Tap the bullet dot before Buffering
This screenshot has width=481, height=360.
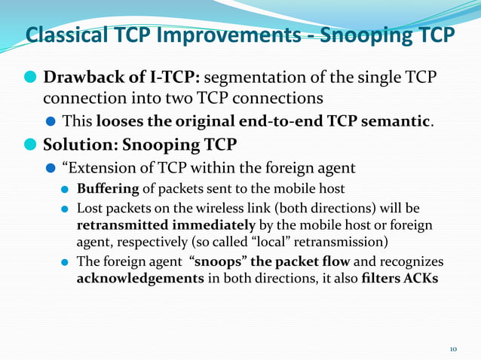pyautogui.click(x=66, y=188)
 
